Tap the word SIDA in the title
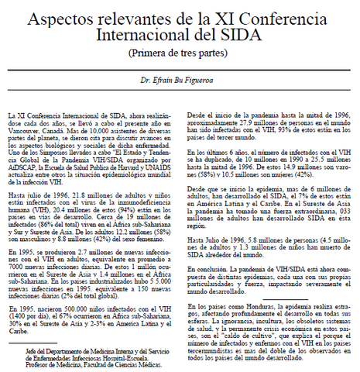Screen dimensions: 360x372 coord(240,35)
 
